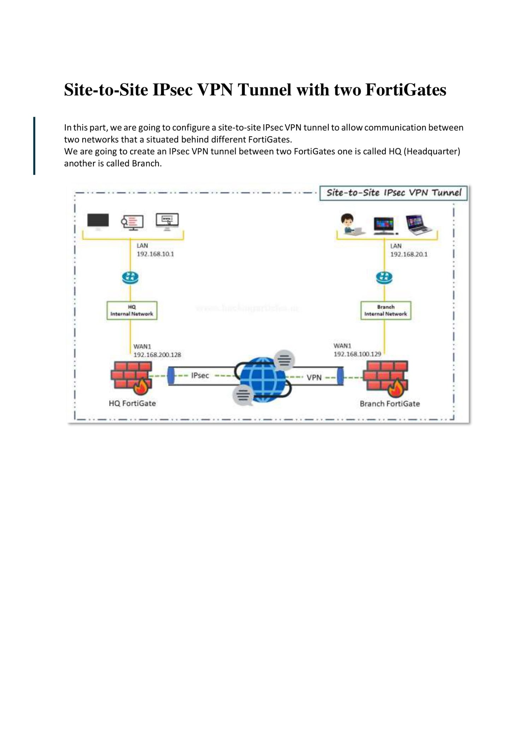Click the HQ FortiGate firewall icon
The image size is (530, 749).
tap(131, 377)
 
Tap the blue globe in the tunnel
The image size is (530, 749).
tap(263, 379)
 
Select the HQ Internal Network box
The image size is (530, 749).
tap(132, 310)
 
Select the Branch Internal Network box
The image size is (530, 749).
tap(385, 310)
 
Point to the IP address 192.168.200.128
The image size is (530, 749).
tap(157, 355)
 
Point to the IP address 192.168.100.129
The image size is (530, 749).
tap(357, 354)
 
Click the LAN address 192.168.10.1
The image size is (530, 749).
tap(155, 254)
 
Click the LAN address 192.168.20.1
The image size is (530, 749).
tap(408, 254)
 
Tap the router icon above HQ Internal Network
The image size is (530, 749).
tap(130, 278)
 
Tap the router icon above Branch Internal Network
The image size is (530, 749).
tap(384, 278)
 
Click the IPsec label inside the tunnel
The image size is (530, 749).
tap(200, 375)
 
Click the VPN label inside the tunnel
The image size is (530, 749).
tap(314, 378)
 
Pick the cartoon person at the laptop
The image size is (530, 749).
tap(348, 224)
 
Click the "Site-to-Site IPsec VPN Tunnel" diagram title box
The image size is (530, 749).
tap(394, 193)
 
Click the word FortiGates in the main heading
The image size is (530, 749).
tap(406, 90)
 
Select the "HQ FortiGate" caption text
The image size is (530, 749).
tap(132, 403)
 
